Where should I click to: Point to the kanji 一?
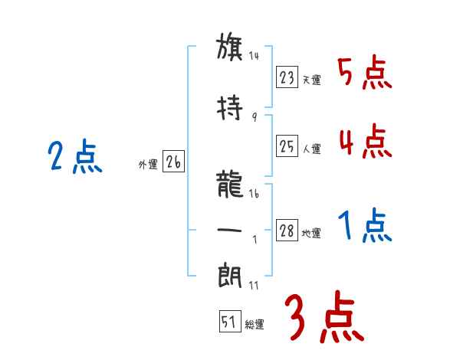230,229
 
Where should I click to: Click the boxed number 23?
287,77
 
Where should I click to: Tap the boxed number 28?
287,231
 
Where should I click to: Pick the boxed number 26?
173,163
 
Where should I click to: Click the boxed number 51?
229,322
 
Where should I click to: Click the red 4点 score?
364,142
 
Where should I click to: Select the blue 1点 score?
364,226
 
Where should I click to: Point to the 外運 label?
148,165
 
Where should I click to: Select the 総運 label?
255,325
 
